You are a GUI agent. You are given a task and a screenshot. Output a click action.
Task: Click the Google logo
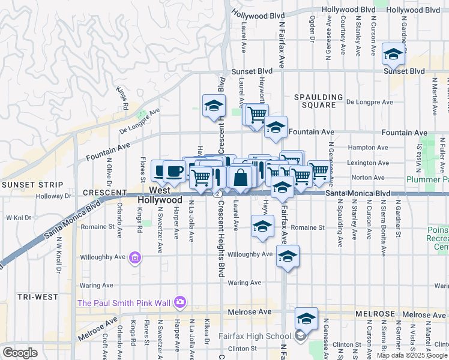tap(20, 352)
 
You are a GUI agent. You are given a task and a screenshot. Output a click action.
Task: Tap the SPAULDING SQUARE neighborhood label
tap(319, 101)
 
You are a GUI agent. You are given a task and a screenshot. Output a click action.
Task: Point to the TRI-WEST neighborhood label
tap(37, 297)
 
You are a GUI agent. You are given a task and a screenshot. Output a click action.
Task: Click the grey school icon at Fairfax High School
tap(300, 337)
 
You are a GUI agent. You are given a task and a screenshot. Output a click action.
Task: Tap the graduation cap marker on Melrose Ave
tap(306, 319)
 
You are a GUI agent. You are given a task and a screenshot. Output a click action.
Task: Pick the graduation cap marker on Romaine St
tap(262, 227)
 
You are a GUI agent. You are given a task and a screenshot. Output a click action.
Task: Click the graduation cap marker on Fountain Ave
tap(276, 127)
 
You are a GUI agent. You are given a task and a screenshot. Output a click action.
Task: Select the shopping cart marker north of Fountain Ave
tap(257, 113)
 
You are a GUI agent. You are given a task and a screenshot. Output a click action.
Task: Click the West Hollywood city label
tap(165, 194)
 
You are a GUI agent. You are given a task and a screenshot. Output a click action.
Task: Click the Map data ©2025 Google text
tap(412, 355)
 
